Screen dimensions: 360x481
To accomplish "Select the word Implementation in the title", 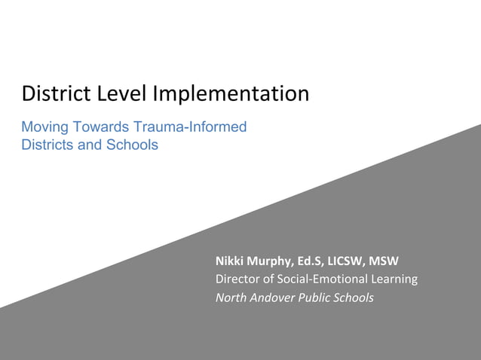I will pos(231,94).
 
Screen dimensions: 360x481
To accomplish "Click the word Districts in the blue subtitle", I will pos(45,144).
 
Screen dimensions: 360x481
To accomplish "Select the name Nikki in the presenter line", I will pos(230,261).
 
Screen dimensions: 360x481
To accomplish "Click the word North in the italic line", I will pos(231,297).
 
